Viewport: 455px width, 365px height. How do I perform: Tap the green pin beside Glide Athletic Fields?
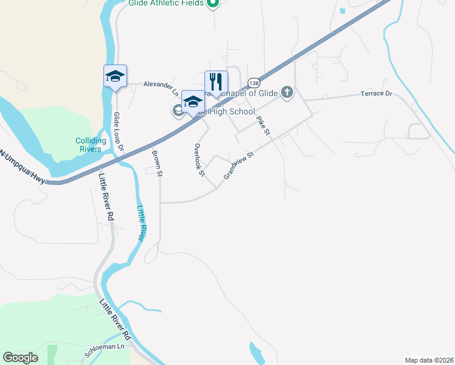(212, 4)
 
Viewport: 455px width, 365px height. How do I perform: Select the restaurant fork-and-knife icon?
(216, 82)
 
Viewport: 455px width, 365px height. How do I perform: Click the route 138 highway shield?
(254, 83)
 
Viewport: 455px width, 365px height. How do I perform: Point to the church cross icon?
(287, 93)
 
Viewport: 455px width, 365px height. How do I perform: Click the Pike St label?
(263, 125)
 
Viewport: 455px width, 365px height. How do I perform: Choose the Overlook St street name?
(198, 160)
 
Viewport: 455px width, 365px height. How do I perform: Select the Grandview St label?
(238, 165)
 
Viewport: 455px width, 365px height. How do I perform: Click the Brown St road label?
(157, 164)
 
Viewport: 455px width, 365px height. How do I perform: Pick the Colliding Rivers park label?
(91, 145)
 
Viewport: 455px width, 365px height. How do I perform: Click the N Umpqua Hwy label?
(23, 164)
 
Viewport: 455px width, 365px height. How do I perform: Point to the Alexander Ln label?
(161, 88)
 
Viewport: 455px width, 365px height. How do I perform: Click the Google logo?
(20, 358)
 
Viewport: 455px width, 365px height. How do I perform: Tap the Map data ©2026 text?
(429, 360)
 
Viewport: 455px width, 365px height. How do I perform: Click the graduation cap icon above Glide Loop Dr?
(115, 77)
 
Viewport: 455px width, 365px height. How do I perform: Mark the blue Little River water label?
(141, 223)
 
